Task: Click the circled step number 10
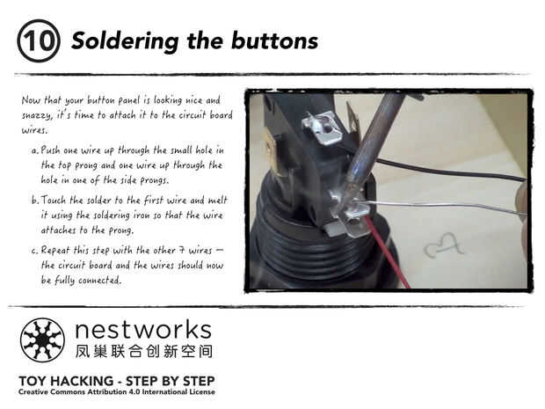[x=39, y=41]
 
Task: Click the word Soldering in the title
[x=125, y=42]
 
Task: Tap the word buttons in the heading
[x=274, y=40]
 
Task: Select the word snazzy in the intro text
[x=37, y=116]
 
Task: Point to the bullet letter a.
[x=34, y=150]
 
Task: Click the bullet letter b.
[x=34, y=200]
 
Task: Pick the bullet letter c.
[x=34, y=251]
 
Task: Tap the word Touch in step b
[x=54, y=200]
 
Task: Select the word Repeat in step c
[x=55, y=251]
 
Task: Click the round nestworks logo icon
[x=42, y=340]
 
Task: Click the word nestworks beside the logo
[x=143, y=330]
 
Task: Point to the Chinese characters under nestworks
[x=144, y=351]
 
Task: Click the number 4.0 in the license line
[x=134, y=391]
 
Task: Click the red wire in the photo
[x=387, y=252]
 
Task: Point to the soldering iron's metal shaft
[x=375, y=139]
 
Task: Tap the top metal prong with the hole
[x=322, y=128]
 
